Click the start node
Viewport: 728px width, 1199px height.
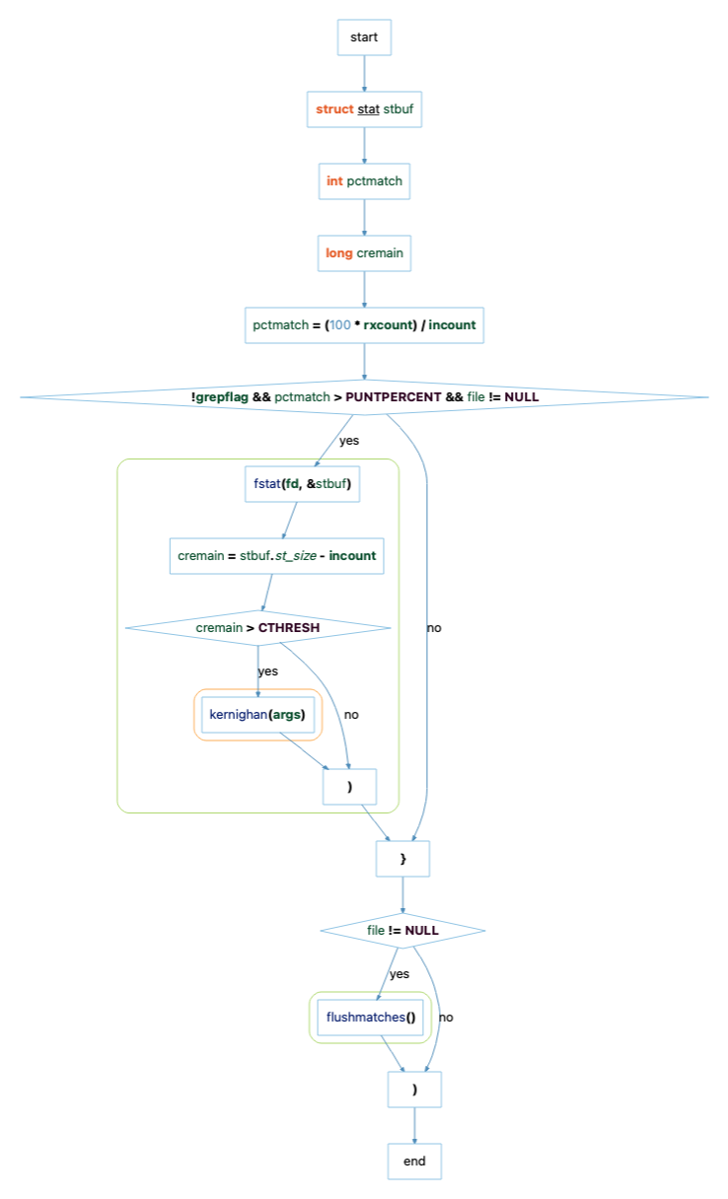pyautogui.click(x=364, y=37)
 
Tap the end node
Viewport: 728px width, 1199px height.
pyautogui.click(x=414, y=1161)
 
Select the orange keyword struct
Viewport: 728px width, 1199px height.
pyautogui.click(x=334, y=109)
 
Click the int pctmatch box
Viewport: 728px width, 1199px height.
pyautogui.click(x=364, y=181)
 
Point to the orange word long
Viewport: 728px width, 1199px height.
pyautogui.click(x=338, y=253)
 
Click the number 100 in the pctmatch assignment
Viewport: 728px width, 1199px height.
pyautogui.click(x=340, y=325)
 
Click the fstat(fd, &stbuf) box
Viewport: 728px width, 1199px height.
pyautogui.click(x=302, y=483)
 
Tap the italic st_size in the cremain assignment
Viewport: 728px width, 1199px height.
pyautogui.click(x=296, y=556)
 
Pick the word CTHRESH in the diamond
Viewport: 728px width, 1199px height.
pyautogui.click(x=289, y=627)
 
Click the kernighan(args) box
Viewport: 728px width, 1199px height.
pyautogui.click(x=257, y=714)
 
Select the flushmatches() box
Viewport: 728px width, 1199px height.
pyautogui.click(x=370, y=1017)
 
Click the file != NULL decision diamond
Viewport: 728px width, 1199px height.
pyautogui.click(x=402, y=930)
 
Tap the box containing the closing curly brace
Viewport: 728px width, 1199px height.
pyautogui.click(x=402, y=859)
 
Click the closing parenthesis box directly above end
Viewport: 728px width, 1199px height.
pyautogui.click(x=414, y=1090)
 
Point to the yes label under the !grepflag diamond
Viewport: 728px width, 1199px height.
pyautogui.click(x=349, y=441)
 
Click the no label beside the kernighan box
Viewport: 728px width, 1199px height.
pyautogui.click(x=351, y=714)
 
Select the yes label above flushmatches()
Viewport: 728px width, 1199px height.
pyautogui.click(x=399, y=974)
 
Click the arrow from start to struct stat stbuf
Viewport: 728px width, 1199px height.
pyautogui.click(x=364, y=73)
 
